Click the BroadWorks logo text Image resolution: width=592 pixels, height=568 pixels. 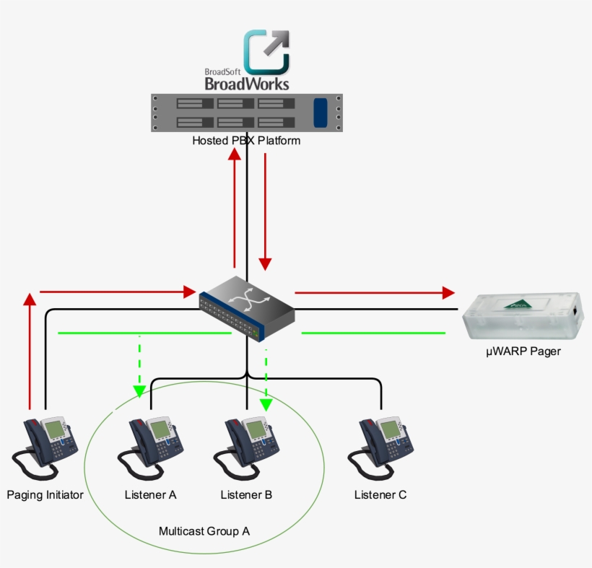point(247,84)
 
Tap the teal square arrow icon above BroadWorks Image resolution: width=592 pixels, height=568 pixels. point(266,52)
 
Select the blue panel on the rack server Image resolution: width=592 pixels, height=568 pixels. point(321,113)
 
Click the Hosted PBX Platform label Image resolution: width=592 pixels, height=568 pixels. point(246,141)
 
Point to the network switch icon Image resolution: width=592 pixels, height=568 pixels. point(247,309)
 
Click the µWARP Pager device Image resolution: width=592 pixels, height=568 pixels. point(523,316)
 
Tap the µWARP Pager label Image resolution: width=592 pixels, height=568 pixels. point(523,351)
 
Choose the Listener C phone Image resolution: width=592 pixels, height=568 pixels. point(380,448)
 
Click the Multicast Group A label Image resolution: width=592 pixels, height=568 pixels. point(204,531)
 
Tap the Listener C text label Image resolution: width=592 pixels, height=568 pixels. point(380,495)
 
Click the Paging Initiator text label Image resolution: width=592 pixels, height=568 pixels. point(45,495)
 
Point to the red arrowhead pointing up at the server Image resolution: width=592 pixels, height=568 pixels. point(235,154)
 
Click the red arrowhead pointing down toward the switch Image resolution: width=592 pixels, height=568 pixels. point(265,264)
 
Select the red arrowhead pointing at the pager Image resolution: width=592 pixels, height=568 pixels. point(448,292)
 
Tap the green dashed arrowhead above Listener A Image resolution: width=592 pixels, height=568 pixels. point(139,391)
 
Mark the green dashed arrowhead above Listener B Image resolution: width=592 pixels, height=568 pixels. point(266,405)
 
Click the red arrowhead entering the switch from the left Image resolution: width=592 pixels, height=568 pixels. point(190,292)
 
